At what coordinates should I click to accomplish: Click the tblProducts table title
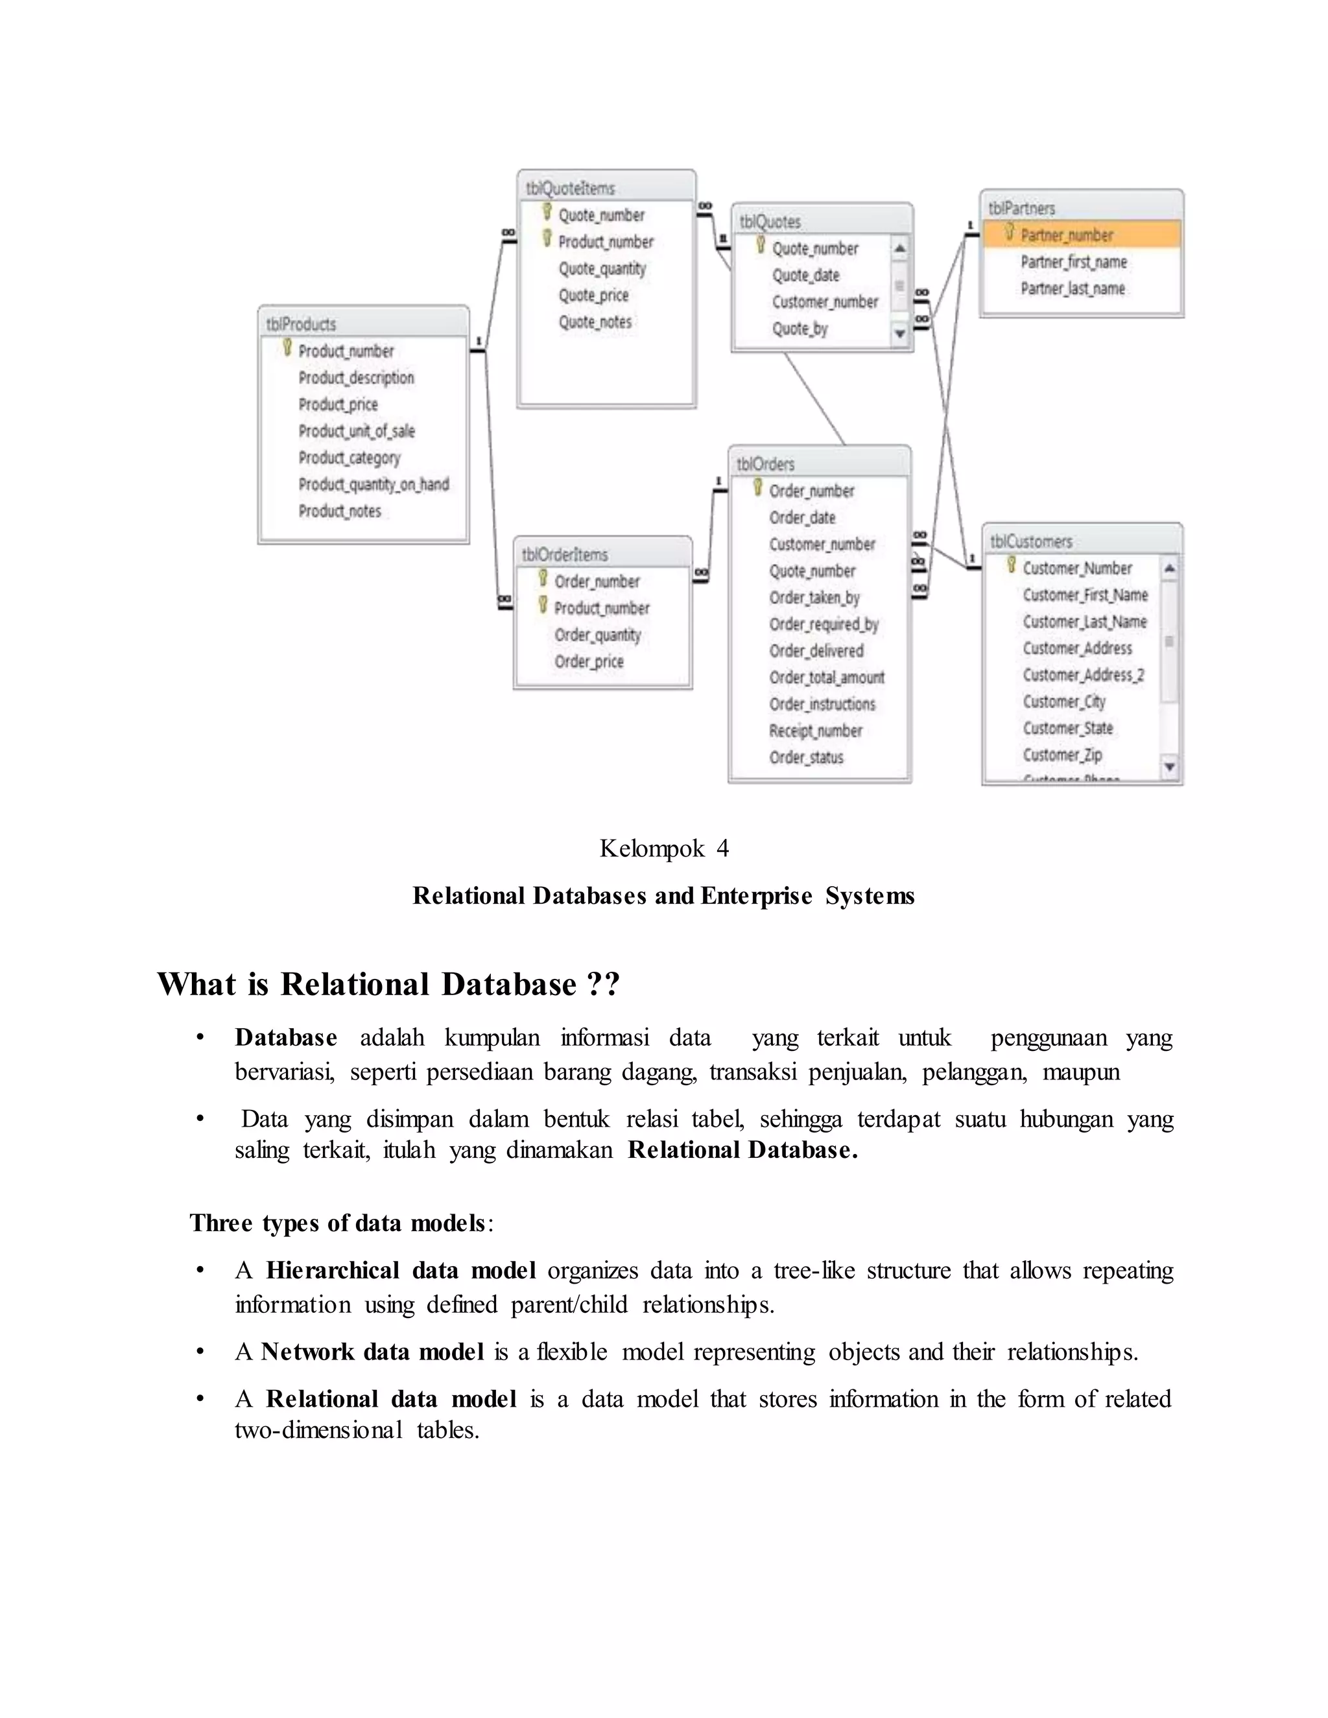point(302,324)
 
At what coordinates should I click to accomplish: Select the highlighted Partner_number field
point(1067,235)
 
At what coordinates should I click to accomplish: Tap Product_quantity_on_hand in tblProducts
point(373,484)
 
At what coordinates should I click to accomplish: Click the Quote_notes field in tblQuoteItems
point(595,322)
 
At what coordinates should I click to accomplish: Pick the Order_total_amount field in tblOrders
point(827,677)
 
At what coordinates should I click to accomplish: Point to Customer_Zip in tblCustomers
point(1062,755)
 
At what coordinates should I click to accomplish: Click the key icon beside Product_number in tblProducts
point(287,347)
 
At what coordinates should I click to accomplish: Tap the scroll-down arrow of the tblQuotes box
point(900,335)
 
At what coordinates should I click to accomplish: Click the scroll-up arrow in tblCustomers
point(1170,568)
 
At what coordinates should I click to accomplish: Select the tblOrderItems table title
point(565,554)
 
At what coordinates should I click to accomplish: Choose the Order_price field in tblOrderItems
point(589,661)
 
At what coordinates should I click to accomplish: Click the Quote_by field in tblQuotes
point(800,329)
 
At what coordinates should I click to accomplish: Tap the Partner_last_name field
point(1073,288)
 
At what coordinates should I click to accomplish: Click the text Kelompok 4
point(664,848)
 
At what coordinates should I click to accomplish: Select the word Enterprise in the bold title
point(756,896)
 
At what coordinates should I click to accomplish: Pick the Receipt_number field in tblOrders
point(816,731)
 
